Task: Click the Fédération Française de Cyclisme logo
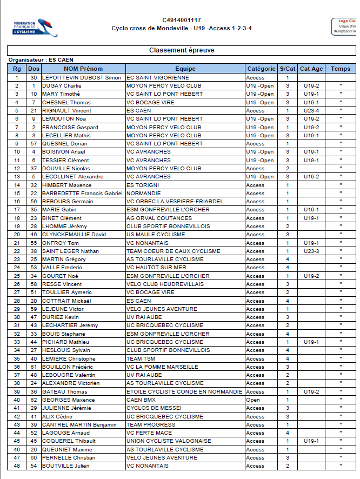pyautogui.click(x=36, y=28)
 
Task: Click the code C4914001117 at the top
pyautogui.click(x=181, y=20)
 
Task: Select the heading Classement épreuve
pyautogui.click(x=182, y=50)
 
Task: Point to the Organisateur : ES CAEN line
pyautogui.click(x=41, y=59)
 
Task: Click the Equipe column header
pyautogui.click(x=185, y=69)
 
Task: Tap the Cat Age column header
pyautogui.click(x=311, y=69)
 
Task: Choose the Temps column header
pyautogui.click(x=341, y=69)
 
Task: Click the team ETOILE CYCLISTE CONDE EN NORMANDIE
pyautogui.click(x=184, y=391)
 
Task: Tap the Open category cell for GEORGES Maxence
pyautogui.click(x=253, y=400)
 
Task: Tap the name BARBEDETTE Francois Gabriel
pyautogui.click(x=82, y=193)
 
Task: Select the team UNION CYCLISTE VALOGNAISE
pyautogui.click(x=169, y=441)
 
